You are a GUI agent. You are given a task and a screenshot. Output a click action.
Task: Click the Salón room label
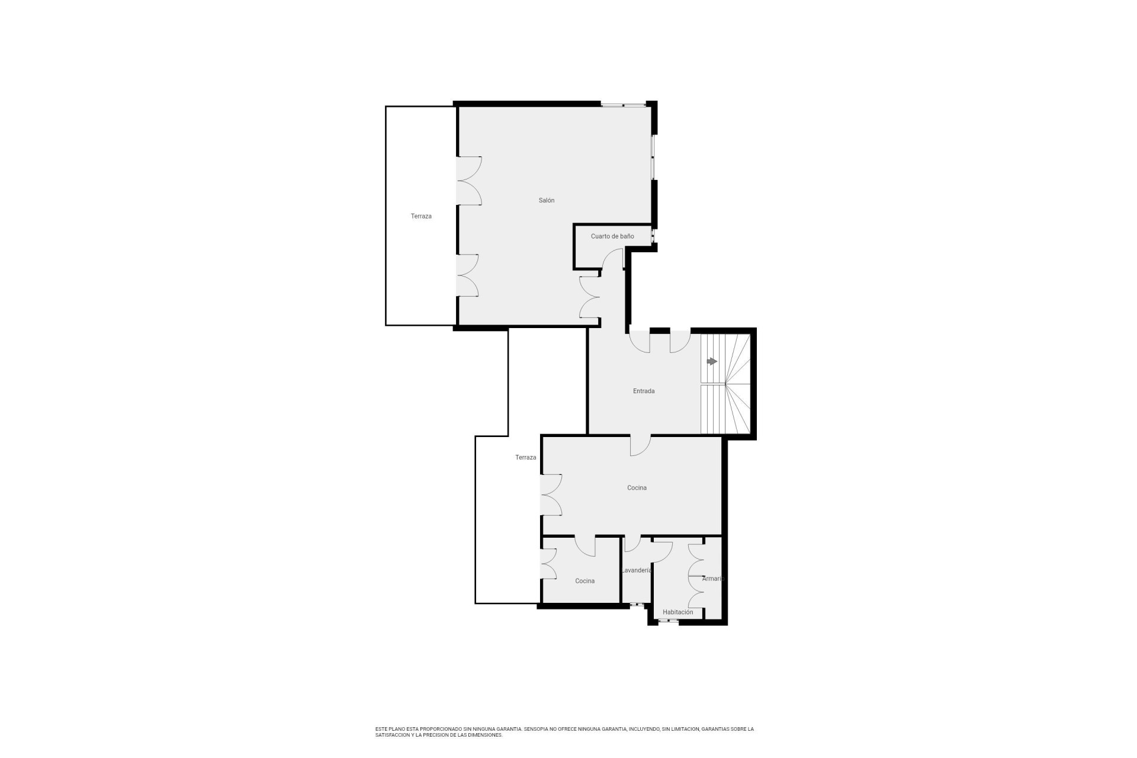pyautogui.click(x=546, y=201)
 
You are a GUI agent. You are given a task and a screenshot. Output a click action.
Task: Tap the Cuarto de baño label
pyautogui.click(x=612, y=236)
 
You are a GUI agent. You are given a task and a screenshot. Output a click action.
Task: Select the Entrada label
pyautogui.click(x=643, y=391)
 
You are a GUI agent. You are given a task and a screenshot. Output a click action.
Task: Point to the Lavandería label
pyautogui.click(x=636, y=570)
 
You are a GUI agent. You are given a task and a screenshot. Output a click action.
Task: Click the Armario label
pyautogui.click(x=712, y=579)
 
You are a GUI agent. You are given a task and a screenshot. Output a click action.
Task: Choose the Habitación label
pyautogui.click(x=677, y=612)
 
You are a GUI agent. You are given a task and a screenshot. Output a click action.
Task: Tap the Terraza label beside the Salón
pyautogui.click(x=421, y=217)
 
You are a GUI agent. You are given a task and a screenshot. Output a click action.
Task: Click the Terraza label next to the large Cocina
pyautogui.click(x=525, y=457)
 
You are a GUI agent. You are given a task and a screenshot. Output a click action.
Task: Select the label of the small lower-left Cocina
pyautogui.click(x=584, y=581)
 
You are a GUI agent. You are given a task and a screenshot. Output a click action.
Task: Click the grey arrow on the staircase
pyautogui.click(x=712, y=361)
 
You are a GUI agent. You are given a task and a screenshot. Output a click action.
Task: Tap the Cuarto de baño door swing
pyautogui.click(x=613, y=259)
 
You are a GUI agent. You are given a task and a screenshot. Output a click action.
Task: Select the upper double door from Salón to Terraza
pyautogui.click(x=468, y=181)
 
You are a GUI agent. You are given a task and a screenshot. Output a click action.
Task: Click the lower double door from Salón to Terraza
pyautogui.click(x=467, y=275)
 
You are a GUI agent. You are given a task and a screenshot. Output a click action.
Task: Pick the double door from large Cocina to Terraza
pyautogui.click(x=550, y=495)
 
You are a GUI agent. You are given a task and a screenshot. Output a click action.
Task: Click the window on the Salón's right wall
pyautogui.click(x=653, y=158)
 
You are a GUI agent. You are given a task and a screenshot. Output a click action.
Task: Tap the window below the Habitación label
pyautogui.click(x=669, y=621)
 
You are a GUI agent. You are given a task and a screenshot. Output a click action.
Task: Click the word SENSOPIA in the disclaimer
pyautogui.click(x=537, y=729)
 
